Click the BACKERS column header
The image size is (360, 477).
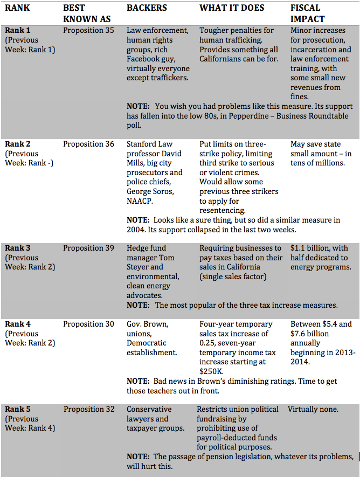[147, 8]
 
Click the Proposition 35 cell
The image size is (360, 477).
[88, 30]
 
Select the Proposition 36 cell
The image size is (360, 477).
[88, 144]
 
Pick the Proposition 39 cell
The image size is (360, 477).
[88, 248]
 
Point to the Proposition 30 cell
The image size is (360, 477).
[88, 324]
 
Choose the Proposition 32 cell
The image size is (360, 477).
[88, 409]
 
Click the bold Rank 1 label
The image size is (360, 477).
[18, 30]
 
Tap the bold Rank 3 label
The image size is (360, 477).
[18, 248]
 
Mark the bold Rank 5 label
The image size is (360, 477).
[18, 409]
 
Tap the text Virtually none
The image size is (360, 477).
[313, 409]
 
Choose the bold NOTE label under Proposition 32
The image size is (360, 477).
[138, 457]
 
